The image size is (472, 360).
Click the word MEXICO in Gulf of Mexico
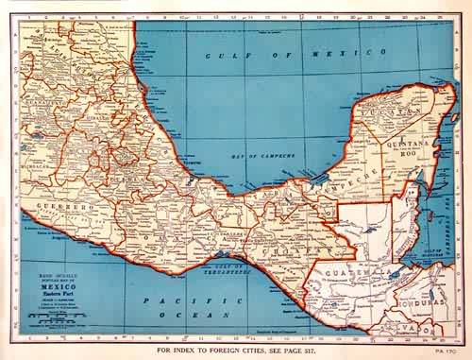tap(316, 57)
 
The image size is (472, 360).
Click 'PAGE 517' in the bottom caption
tap(336, 349)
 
